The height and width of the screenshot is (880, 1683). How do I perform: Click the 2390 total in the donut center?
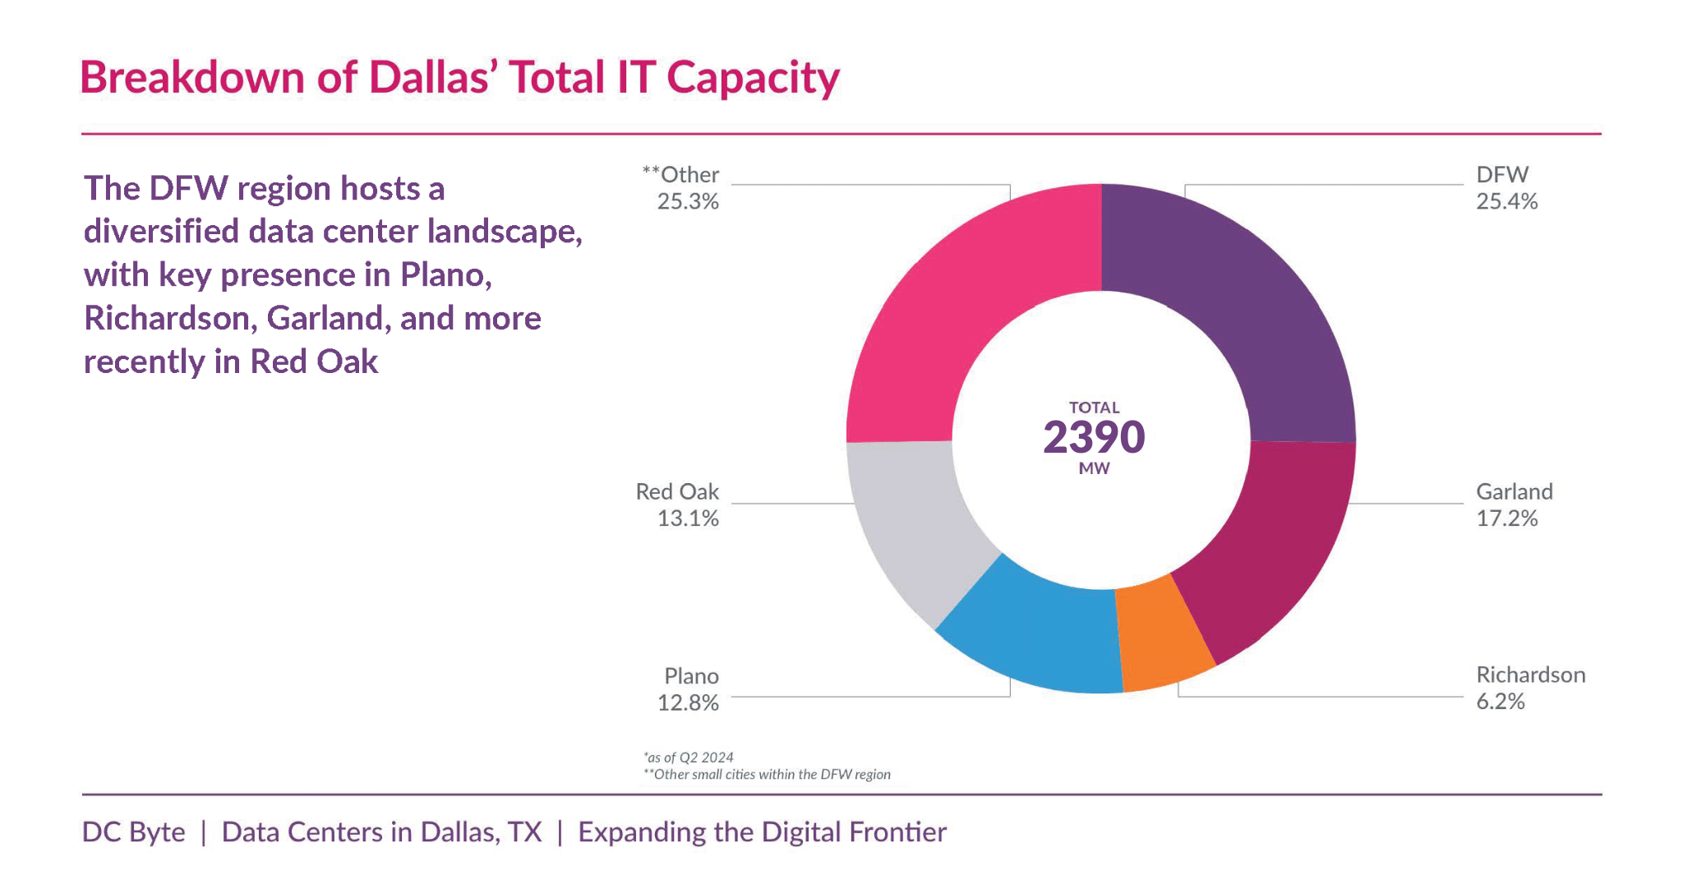point(1094,437)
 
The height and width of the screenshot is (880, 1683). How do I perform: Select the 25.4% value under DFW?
point(1506,202)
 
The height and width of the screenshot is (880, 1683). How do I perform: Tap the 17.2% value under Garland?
point(1506,519)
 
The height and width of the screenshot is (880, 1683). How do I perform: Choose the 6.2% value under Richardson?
point(1500,703)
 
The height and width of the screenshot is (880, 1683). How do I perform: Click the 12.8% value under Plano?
point(688,703)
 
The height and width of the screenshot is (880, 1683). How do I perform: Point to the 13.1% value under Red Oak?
point(688,519)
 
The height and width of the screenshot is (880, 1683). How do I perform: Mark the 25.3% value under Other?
point(688,202)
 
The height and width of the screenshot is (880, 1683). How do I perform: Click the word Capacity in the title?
point(753,79)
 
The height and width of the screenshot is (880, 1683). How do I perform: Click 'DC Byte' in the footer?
point(134,832)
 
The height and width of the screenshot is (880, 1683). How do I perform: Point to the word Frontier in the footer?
point(898,832)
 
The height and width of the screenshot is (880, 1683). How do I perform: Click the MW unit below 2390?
point(1094,469)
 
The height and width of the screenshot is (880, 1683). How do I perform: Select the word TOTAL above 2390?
point(1094,408)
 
